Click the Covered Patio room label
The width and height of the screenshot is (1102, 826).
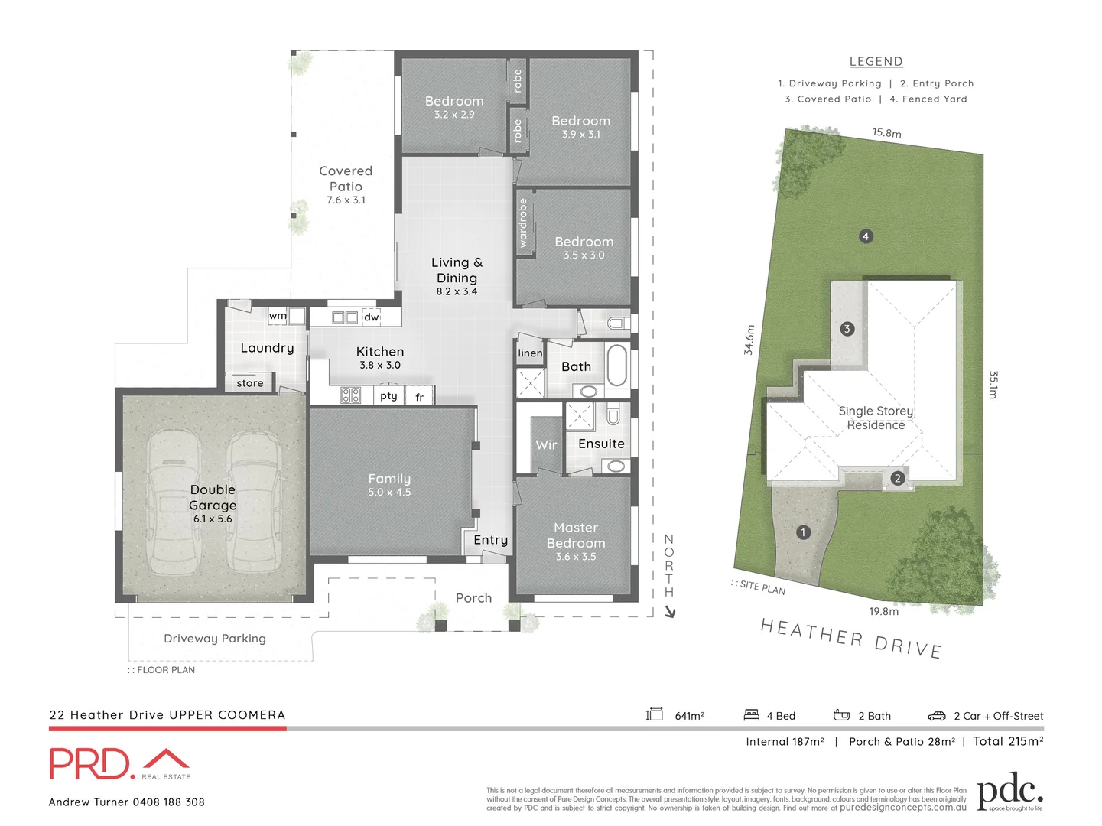346,178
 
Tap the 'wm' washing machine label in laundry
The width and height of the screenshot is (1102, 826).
278,316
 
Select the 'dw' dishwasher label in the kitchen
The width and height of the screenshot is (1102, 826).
371,317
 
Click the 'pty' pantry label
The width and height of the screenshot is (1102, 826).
388,396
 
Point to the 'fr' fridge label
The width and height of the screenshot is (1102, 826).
419,397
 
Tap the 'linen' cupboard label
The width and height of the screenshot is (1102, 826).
530,353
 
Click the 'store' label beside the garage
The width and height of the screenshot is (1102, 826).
250,383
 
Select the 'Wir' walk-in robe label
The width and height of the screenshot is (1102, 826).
546,445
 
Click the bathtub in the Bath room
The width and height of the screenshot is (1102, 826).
616,366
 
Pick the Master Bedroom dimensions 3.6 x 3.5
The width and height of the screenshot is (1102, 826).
576,557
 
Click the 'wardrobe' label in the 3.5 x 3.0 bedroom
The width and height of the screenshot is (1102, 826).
523,223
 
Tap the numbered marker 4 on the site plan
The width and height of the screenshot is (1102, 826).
866,236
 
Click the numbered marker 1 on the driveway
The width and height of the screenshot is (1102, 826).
803,532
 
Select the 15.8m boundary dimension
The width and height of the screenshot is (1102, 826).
887,133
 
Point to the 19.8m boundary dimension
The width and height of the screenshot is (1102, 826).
883,611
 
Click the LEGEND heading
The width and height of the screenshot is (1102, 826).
876,62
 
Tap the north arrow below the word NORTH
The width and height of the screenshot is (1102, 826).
670,611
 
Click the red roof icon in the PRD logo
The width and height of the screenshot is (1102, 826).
167,759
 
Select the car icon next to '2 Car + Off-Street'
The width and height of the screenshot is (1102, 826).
937,716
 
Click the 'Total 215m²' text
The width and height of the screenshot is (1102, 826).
1008,741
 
